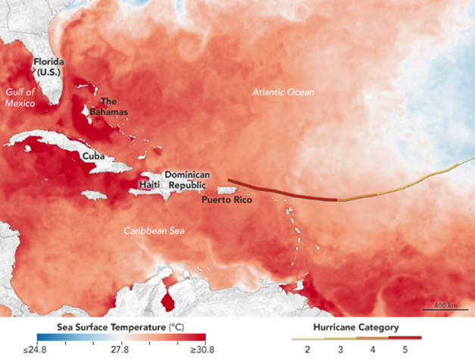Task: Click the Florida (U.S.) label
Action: (x=46, y=67)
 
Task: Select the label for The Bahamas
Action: (x=114, y=107)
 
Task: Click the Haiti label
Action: (x=148, y=184)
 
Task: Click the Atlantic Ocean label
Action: (x=283, y=92)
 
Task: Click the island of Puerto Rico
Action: (x=227, y=190)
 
